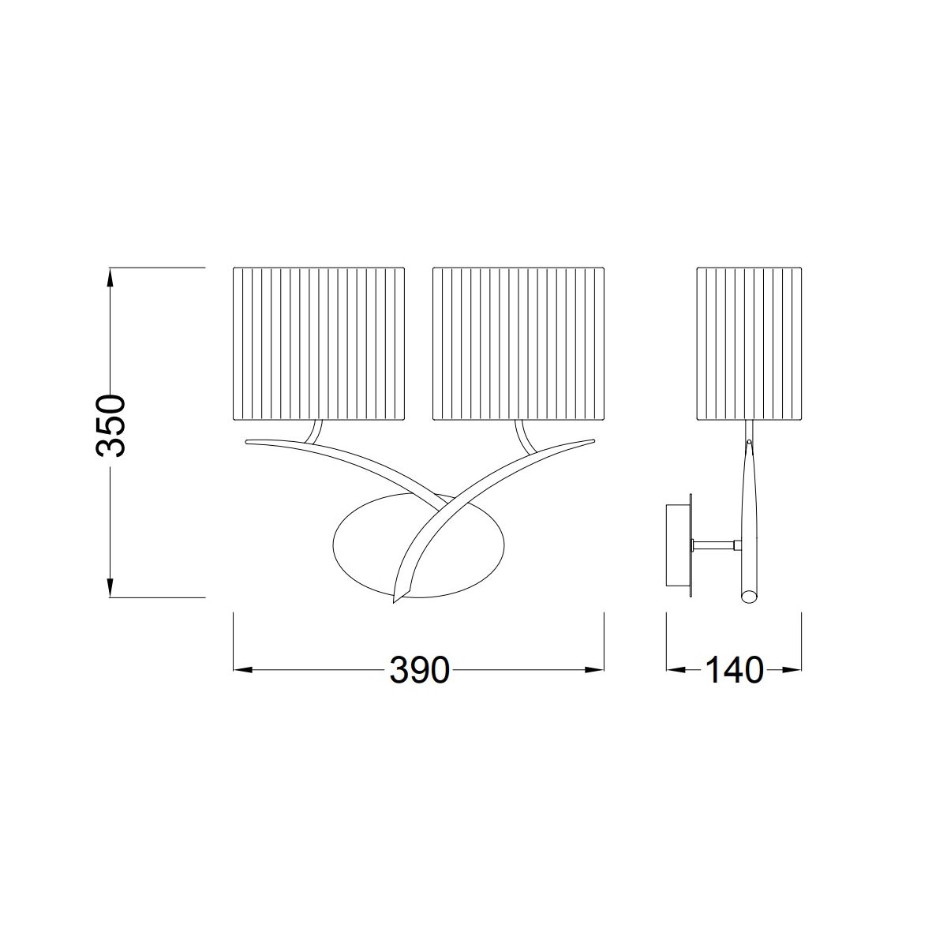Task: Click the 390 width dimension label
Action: coord(419,670)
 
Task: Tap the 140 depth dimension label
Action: coord(735,670)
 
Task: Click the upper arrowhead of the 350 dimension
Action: coord(110,277)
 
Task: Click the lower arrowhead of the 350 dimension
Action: coord(110,587)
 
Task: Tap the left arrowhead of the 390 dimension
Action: coord(243,670)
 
